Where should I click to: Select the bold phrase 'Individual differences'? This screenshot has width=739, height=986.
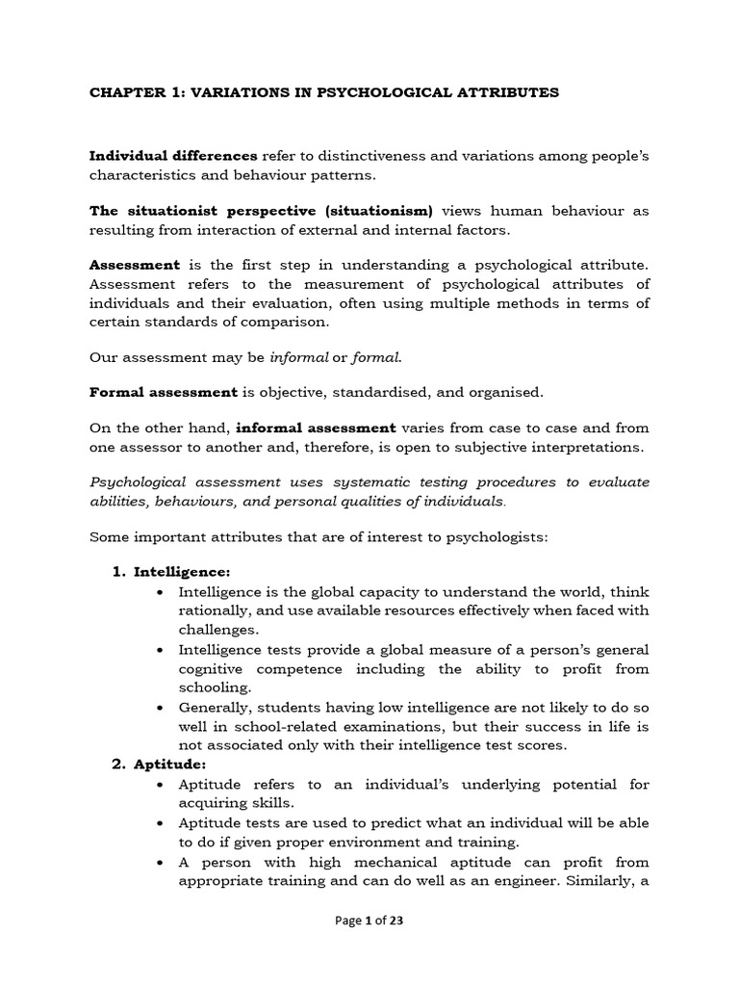(173, 156)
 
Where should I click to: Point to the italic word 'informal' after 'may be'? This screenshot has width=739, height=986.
(298, 357)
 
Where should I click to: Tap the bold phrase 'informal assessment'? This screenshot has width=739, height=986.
(316, 428)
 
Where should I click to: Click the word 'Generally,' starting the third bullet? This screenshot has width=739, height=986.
(217, 707)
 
